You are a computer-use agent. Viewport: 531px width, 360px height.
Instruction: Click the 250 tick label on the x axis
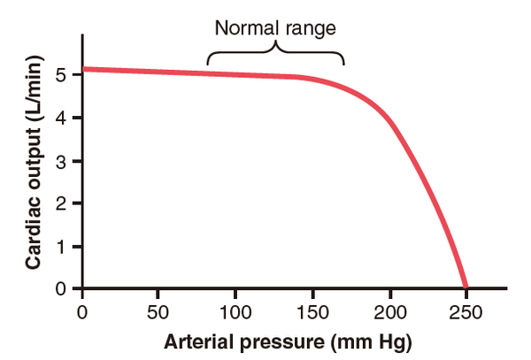466,311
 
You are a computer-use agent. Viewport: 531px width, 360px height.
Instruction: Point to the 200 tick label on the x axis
389,311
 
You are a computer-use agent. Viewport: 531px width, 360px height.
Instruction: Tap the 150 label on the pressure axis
312,311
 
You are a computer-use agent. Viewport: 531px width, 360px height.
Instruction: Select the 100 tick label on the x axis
235,311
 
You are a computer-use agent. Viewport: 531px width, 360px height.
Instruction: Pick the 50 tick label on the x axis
158,311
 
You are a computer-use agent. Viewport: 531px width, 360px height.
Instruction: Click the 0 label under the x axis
82,311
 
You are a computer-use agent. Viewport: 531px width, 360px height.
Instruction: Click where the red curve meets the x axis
466,288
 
